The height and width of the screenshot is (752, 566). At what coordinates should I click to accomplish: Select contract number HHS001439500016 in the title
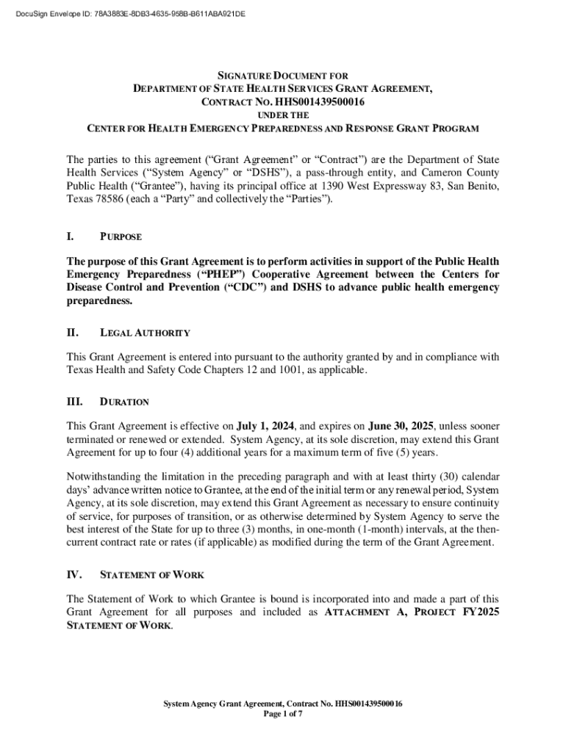click(320, 102)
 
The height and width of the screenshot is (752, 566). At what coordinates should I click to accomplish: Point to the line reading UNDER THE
click(283, 115)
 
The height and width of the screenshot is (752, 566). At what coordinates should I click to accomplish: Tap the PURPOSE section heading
click(121, 237)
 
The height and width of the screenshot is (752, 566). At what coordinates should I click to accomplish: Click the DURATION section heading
click(124, 402)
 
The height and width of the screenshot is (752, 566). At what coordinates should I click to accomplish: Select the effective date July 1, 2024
click(265, 425)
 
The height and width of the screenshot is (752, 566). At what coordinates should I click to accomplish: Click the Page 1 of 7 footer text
click(283, 713)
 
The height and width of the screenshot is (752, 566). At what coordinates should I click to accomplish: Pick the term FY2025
click(481, 612)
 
